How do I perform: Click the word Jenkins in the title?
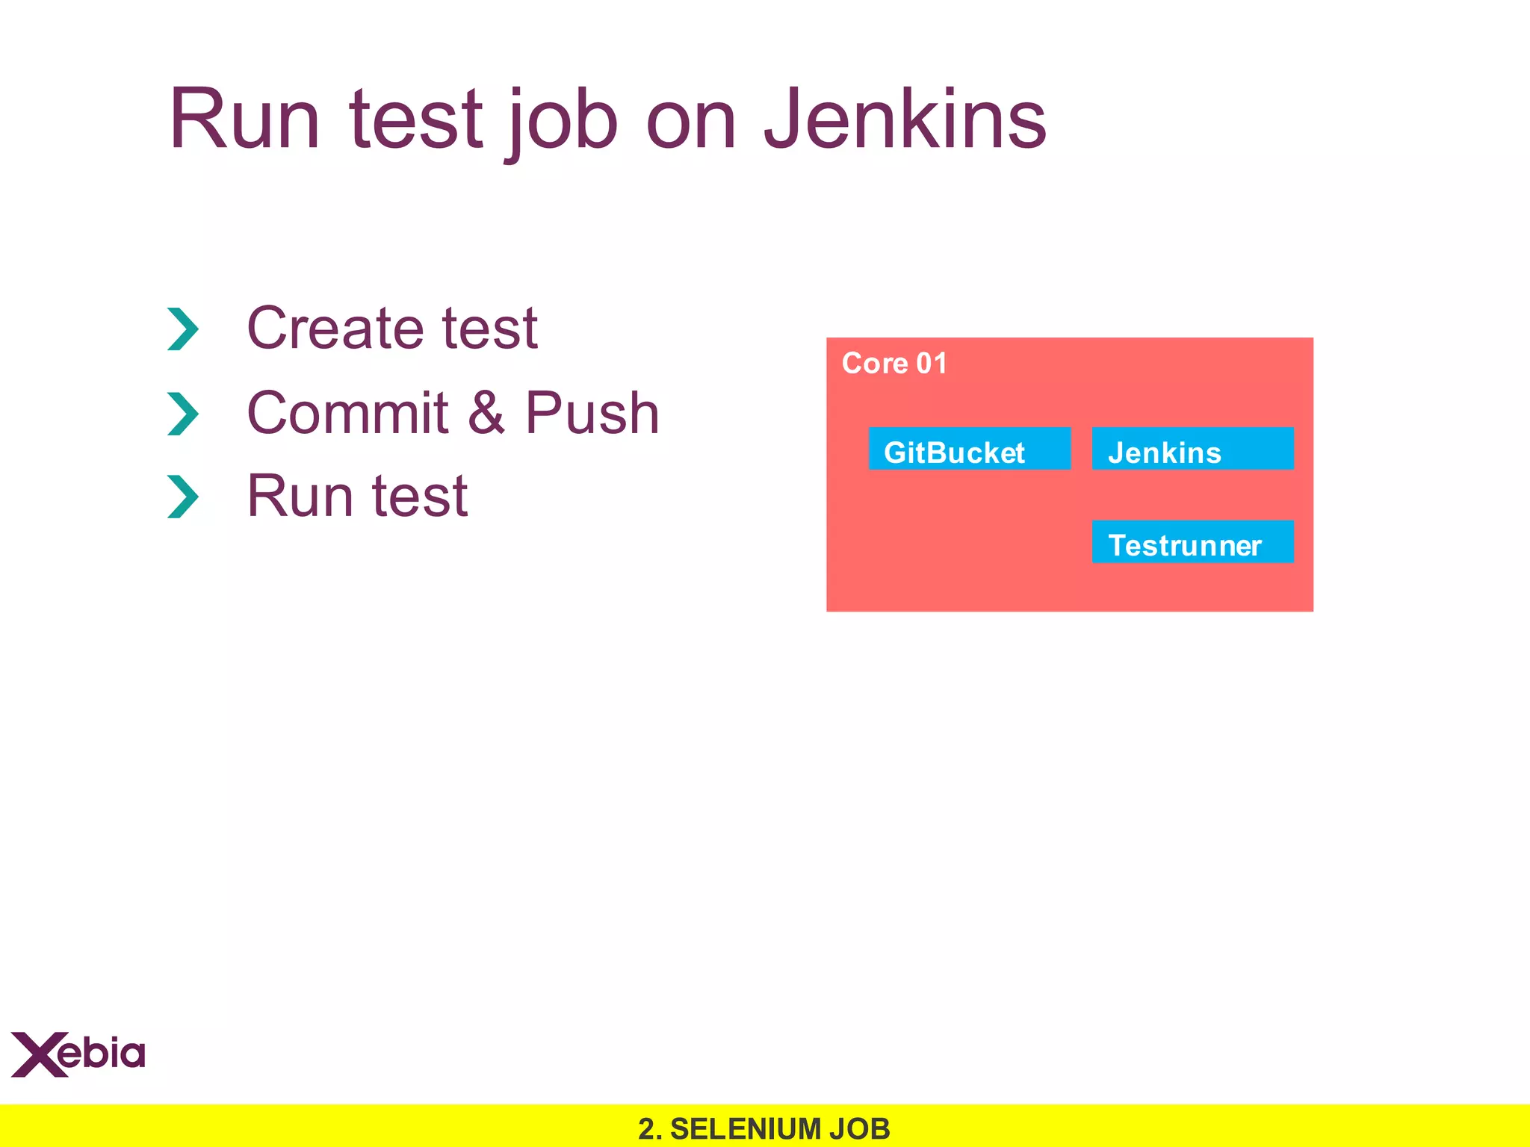[x=905, y=119]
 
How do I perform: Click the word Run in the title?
[x=244, y=119]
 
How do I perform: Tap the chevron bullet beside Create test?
[x=183, y=329]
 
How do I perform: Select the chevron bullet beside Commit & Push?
[x=183, y=414]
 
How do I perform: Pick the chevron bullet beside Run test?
[x=183, y=497]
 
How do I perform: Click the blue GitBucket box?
[x=969, y=449]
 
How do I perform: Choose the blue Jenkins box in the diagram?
[x=1192, y=449]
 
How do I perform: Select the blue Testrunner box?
[x=1192, y=542]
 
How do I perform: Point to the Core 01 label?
[x=894, y=364]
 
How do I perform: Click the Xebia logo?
[x=78, y=1054]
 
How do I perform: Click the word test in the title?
[x=415, y=119]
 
